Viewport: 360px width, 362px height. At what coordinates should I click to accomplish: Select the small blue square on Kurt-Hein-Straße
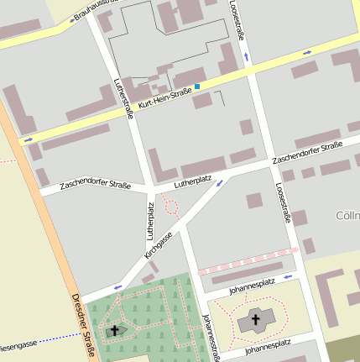197,86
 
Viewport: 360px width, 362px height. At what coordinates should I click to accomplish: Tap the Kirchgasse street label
158,239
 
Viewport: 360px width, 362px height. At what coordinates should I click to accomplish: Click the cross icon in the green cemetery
115,330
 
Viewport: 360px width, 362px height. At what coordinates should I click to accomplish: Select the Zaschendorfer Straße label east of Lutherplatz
307,154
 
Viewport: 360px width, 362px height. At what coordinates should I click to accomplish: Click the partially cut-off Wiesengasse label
17,344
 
